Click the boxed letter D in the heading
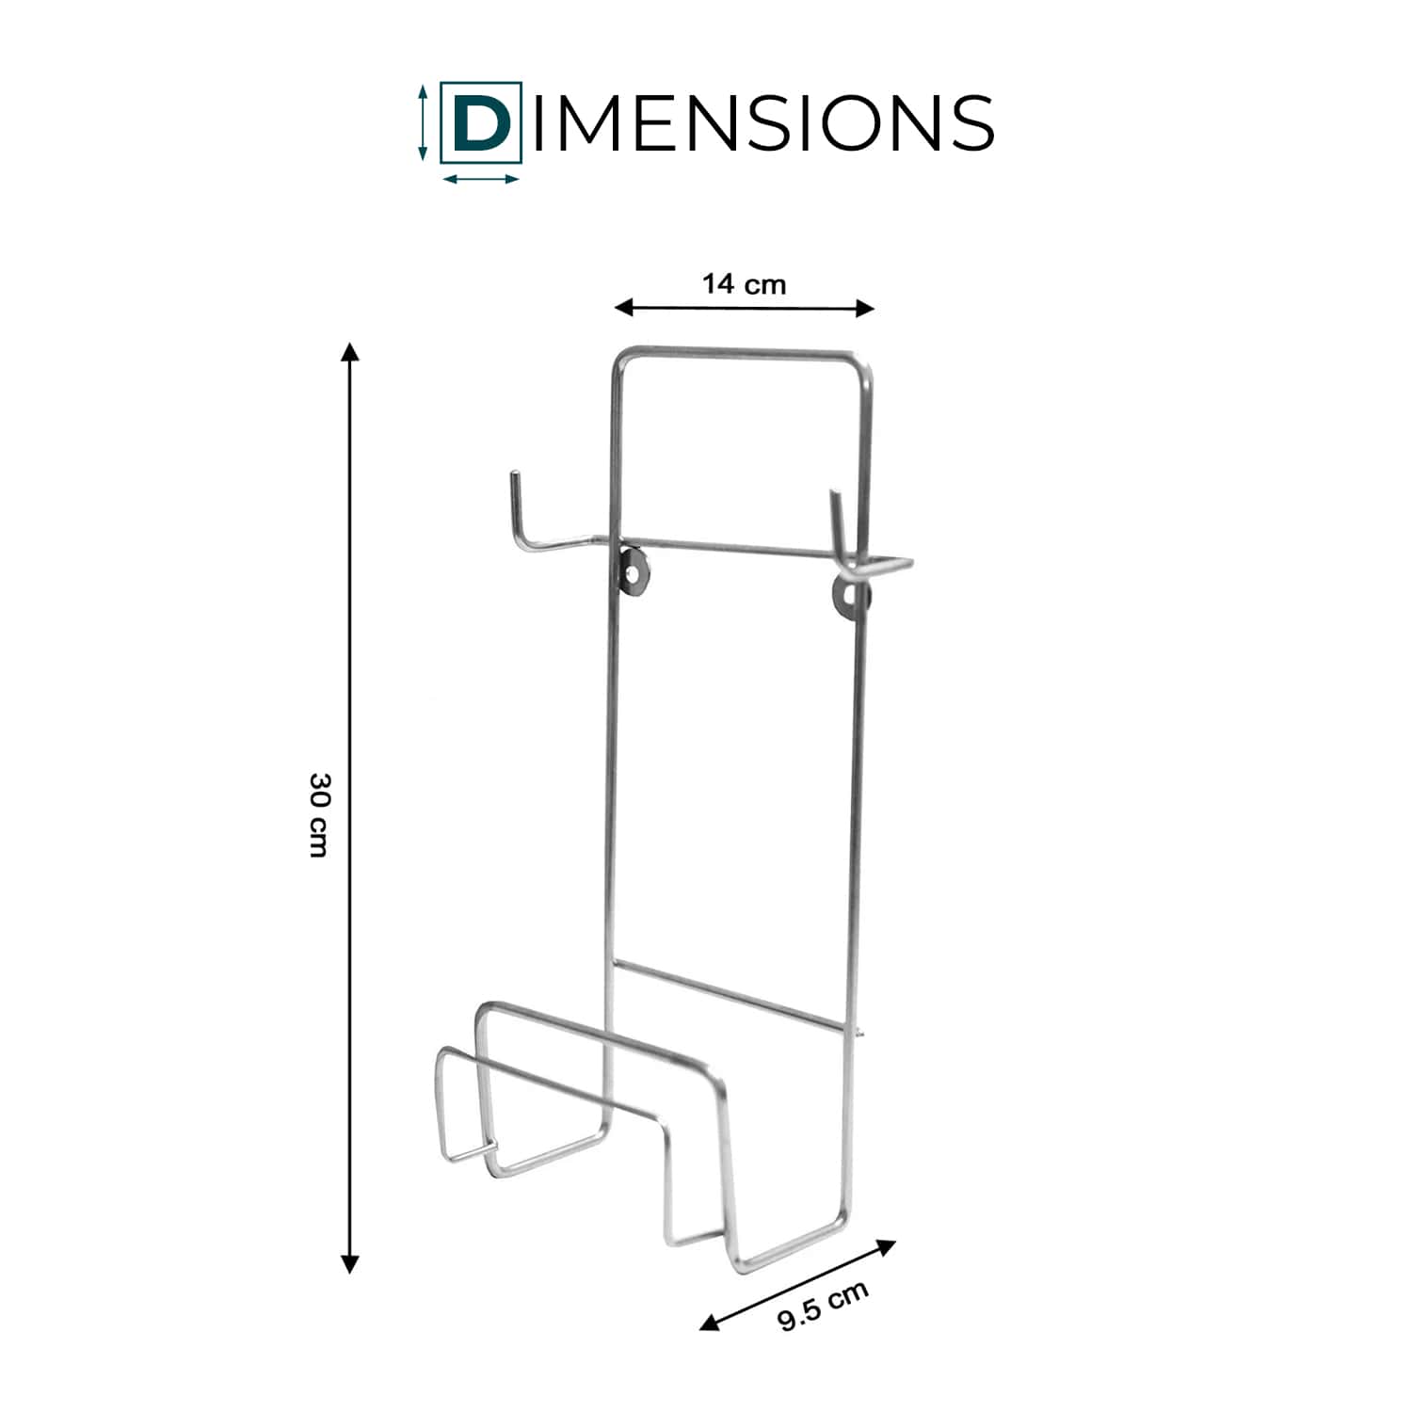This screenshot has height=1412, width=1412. [481, 122]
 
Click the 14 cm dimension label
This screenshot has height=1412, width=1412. [744, 283]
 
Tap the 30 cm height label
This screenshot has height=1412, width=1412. [320, 814]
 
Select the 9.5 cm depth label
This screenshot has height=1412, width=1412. [823, 1306]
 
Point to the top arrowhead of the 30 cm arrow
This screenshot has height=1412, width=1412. [350, 352]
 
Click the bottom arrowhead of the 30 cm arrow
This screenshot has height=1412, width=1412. [350, 1263]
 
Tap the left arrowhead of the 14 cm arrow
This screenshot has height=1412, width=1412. [624, 306]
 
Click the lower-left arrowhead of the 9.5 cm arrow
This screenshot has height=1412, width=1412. [710, 1322]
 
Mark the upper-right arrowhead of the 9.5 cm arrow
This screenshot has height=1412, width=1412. [885, 1247]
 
